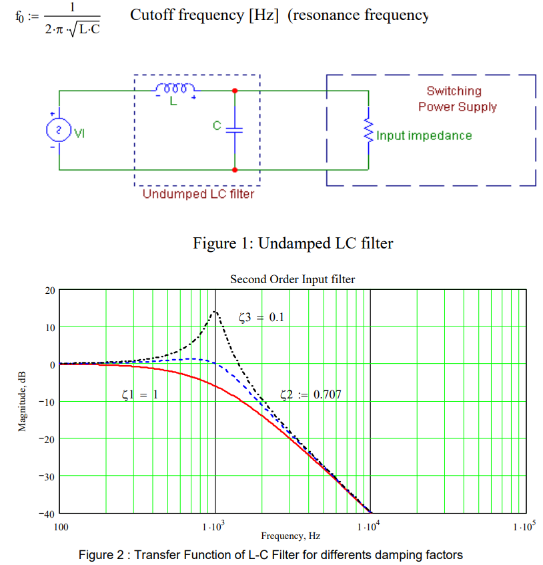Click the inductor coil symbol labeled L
click(x=175, y=89)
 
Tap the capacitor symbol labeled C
click(x=234, y=129)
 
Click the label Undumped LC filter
click(x=198, y=195)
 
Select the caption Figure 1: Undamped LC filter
click(x=293, y=243)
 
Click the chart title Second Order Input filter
click(x=292, y=280)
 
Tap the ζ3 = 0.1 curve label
click(x=261, y=317)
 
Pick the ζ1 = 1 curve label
click(x=140, y=394)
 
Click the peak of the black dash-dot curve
click(x=215, y=311)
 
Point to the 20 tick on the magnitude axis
click(x=50, y=290)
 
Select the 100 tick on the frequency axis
click(x=60, y=527)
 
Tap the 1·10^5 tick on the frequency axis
click(x=524, y=527)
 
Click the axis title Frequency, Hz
click(x=290, y=536)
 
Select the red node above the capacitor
click(x=234, y=90)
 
